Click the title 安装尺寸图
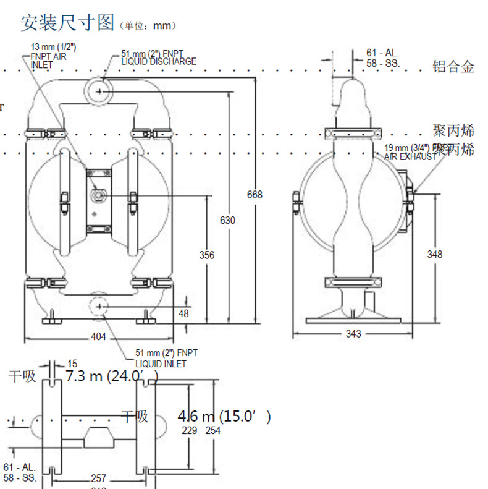[x=67, y=23]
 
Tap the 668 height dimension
[x=255, y=194]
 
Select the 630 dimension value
[x=228, y=220]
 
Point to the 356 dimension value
[x=207, y=255]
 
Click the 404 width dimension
[x=99, y=337]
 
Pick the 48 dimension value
[x=183, y=313]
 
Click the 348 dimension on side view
[x=435, y=254]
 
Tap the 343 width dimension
[x=353, y=334]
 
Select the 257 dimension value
[x=98, y=478]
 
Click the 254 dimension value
[x=212, y=430]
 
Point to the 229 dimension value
[x=188, y=430]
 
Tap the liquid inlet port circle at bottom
[x=99, y=307]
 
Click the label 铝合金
[x=453, y=67]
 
